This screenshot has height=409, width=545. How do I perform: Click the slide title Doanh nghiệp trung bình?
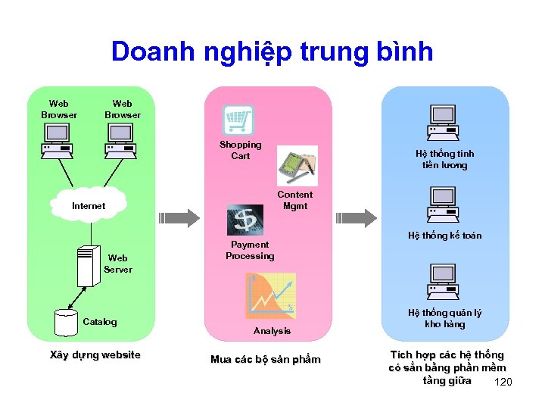272,52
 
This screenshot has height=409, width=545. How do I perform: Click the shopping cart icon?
238,120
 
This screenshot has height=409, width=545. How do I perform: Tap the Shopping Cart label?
241,150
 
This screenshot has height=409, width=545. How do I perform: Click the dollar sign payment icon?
246,219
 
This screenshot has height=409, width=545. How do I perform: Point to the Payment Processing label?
250,250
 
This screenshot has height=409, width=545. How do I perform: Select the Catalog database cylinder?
66,322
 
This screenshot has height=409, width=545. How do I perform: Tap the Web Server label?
118,264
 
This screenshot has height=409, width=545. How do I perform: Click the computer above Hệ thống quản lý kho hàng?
444,281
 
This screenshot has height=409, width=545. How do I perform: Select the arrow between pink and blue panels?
355,218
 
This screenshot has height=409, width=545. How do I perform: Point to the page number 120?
503,382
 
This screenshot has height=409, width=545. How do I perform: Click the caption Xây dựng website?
95,355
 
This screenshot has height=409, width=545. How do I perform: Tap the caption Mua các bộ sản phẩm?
265,359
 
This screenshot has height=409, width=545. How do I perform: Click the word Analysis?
272,331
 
